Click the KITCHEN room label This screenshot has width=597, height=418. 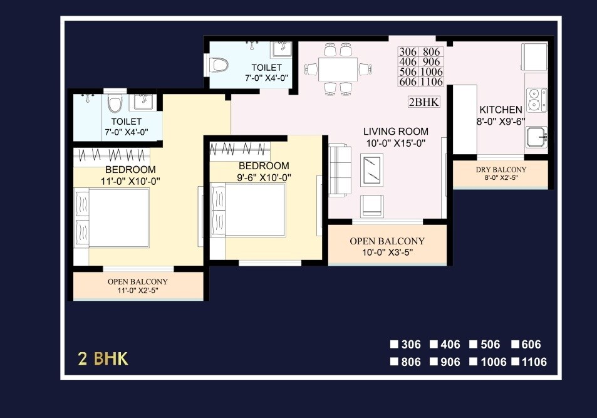[501, 110]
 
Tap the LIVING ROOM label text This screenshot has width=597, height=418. [396, 132]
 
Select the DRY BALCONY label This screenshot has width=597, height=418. [500, 170]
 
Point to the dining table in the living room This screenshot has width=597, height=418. [338, 69]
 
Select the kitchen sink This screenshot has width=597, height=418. [536, 136]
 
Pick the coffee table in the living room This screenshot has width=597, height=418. [375, 170]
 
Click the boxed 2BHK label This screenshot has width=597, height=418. [424, 102]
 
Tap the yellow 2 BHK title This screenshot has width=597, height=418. [103, 358]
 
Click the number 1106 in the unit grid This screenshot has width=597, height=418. [432, 82]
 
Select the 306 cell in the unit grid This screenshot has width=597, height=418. [408, 52]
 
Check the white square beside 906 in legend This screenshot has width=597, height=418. [433, 362]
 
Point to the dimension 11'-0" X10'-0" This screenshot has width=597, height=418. [130, 181]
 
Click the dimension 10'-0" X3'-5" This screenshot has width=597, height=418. [387, 253]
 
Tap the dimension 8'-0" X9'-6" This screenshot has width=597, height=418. [501, 122]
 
